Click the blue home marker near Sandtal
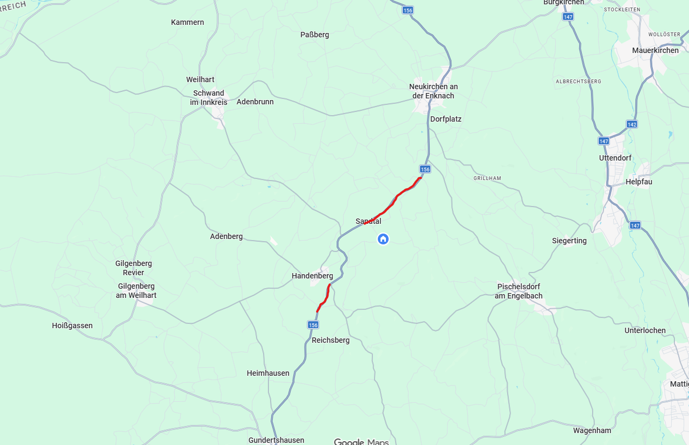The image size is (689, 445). (x=383, y=238)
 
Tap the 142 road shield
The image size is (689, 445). (x=632, y=124)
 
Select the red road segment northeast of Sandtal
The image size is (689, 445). (x=395, y=198)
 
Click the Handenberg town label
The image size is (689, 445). (x=312, y=276)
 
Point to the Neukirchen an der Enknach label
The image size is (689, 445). (x=433, y=91)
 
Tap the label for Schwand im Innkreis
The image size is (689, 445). (x=208, y=98)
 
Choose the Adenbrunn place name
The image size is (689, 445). (x=255, y=102)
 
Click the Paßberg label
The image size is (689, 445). (x=314, y=35)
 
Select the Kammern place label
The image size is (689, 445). (x=187, y=22)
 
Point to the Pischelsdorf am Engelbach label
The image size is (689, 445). (x=519, y=291)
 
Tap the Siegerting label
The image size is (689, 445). (x=569, y=241)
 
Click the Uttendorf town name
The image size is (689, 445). (x=615, y=158)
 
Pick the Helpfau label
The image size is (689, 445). (x=639, y=182)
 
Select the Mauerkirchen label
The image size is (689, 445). (x=655, y=50)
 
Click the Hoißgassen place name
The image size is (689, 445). (x=72, y=326)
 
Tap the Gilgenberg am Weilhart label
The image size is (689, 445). (x=136, y=290)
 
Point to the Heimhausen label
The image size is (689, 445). (x=268, y=373)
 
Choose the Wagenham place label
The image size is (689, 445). (x=592, y=430)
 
